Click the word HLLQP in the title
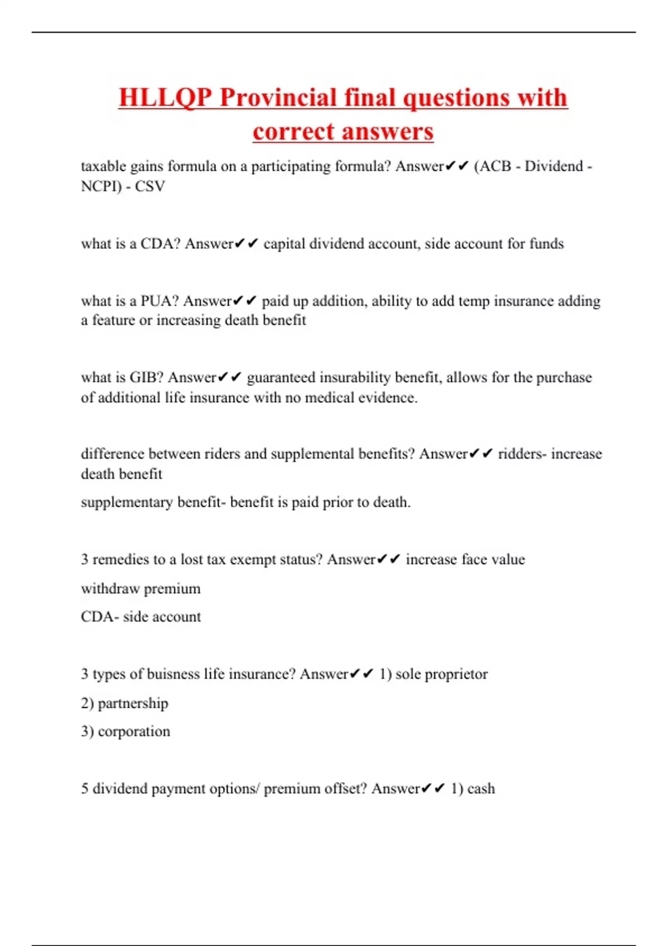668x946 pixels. pos(165,98)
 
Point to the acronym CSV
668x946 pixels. pos(150,186)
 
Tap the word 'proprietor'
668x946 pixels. pos(455,674)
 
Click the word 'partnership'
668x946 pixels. pos(132,703)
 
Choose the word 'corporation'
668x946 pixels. pos(134,732)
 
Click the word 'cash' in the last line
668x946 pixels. pos(481,789)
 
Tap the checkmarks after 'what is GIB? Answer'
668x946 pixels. pos(229,378)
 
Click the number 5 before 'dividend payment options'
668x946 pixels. pos(85,789)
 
